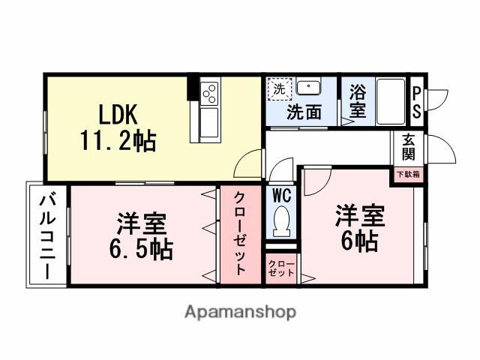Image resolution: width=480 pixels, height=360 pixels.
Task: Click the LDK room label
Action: (x=118, y=115)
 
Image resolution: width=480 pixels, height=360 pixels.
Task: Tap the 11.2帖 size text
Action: (x=118, y=140)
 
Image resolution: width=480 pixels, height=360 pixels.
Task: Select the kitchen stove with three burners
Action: (x=209, y=94)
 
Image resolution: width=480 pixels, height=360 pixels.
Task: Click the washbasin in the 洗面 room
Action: (x=308, y=88)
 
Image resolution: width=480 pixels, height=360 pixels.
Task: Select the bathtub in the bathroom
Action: (x=389, y=101)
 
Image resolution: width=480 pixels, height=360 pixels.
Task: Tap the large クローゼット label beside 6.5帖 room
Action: (x=240, y=235)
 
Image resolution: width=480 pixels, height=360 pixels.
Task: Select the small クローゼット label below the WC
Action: (x=282, y=268)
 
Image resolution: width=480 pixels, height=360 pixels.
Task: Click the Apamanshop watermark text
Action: (x=240, y=311)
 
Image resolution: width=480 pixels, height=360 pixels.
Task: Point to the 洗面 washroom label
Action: (x=304, y=113)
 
